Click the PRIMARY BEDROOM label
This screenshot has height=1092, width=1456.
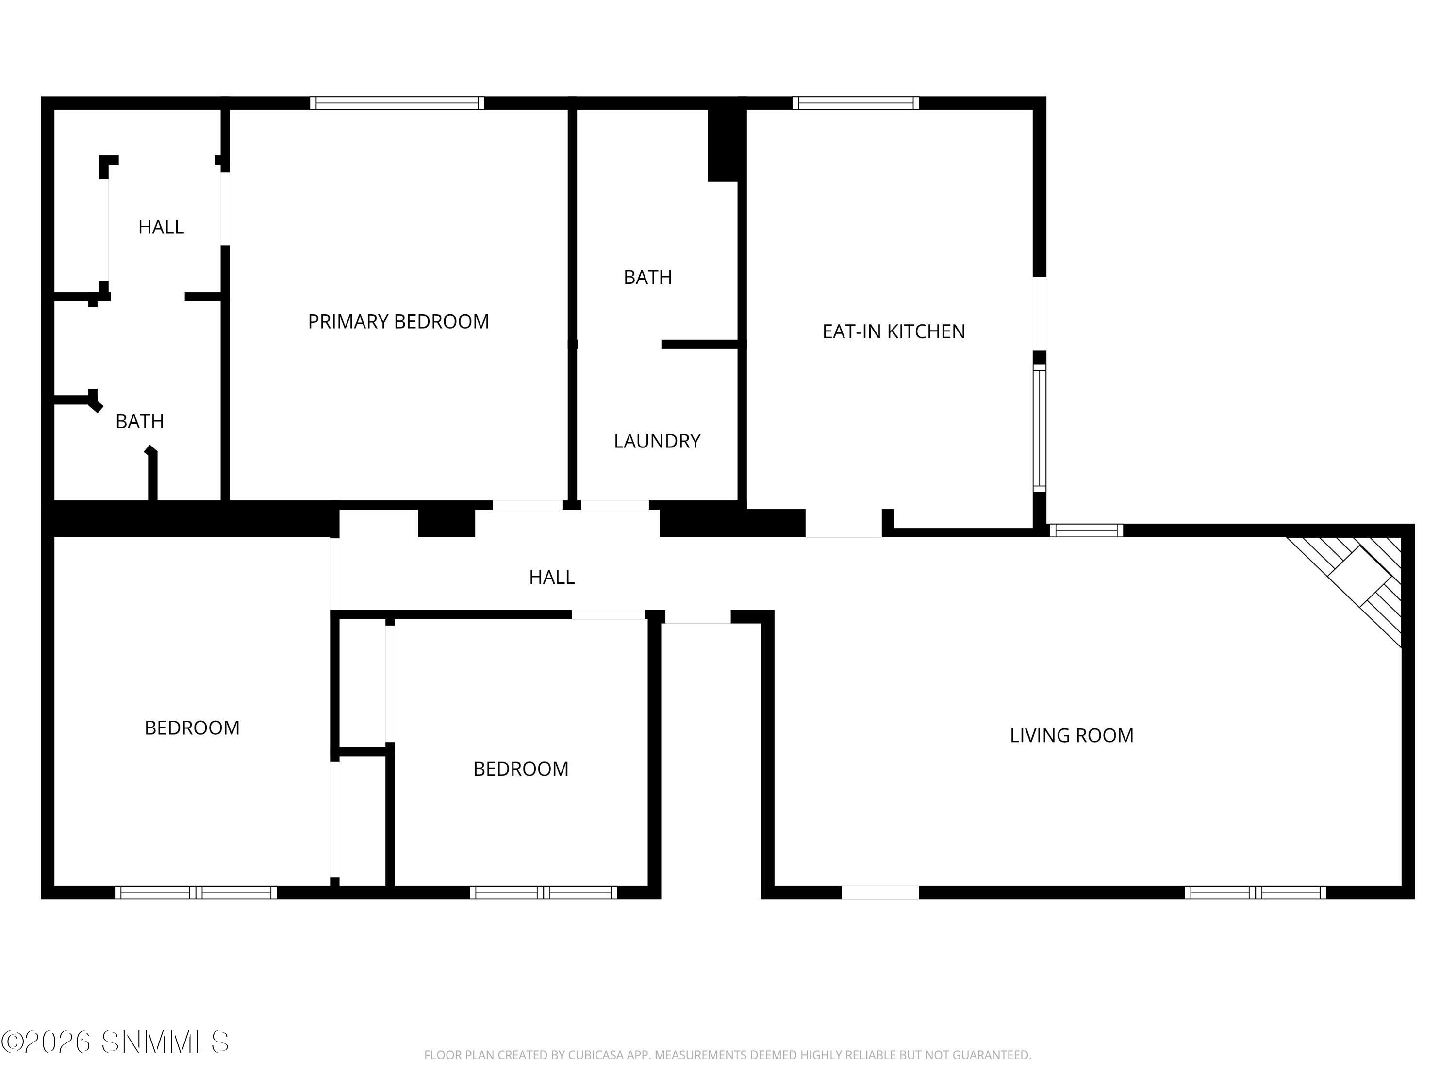[x=398, y=322]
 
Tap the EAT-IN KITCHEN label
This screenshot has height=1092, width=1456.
[x=893, y=332]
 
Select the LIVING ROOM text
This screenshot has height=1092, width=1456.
[x=1071, y=736]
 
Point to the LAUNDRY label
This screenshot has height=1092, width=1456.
[x=657, y=441]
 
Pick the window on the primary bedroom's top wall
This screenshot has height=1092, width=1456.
[x=397, y=103]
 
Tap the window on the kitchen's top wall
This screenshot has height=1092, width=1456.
[x=855, y=103]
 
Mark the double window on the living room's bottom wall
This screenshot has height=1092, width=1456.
[x=1255, y=893]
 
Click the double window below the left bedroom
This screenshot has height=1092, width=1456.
[x=196, y=893]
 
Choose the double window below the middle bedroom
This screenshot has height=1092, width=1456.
[x=543, y=893]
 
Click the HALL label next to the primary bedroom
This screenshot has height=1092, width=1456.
[x=161, y=227]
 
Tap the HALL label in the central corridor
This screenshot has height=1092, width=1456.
[x=552, y=577]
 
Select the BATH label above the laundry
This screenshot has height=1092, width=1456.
[x=648, y=277]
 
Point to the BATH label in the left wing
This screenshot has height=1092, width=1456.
[x=140, y=421]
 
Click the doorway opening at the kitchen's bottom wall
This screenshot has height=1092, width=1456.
[x=843, y=523]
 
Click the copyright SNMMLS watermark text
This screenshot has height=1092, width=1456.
[x=115, y=1042]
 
